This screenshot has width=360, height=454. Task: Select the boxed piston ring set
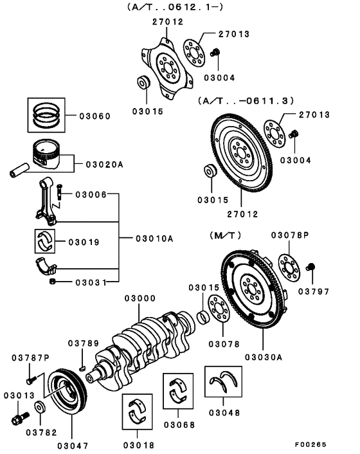46,114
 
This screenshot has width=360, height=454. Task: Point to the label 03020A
104,164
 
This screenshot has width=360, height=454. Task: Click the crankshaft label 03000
140,298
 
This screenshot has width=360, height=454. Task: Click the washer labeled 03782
40,406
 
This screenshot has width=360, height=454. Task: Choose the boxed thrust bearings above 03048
223,384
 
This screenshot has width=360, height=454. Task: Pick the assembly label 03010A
154,238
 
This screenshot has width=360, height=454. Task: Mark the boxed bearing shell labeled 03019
45,242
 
